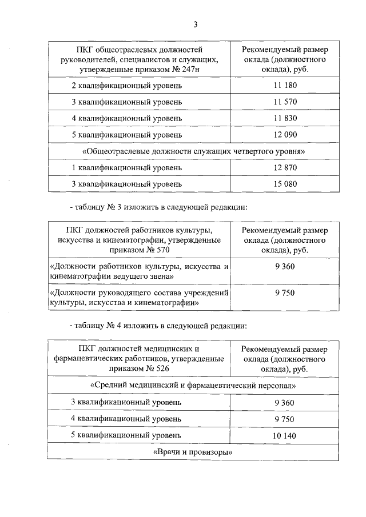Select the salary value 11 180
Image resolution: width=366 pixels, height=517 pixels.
coord(284,86)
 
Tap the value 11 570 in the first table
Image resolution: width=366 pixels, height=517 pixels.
coord(284,102)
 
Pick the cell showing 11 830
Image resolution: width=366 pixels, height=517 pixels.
coord(284,118)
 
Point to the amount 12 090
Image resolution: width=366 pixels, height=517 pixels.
coord(284,135)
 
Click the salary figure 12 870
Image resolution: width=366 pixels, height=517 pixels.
coord(284,168)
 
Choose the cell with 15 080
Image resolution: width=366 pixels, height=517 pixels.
coord(284,184)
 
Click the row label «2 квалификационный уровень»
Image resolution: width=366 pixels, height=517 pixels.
coord(127,86)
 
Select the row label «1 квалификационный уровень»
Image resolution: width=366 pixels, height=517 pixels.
coord(127,168)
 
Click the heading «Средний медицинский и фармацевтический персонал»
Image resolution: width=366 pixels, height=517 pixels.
coord(196,386)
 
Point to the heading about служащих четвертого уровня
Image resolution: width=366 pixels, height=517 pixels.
coord(196,151)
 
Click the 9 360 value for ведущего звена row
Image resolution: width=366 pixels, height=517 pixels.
coord(284,266)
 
